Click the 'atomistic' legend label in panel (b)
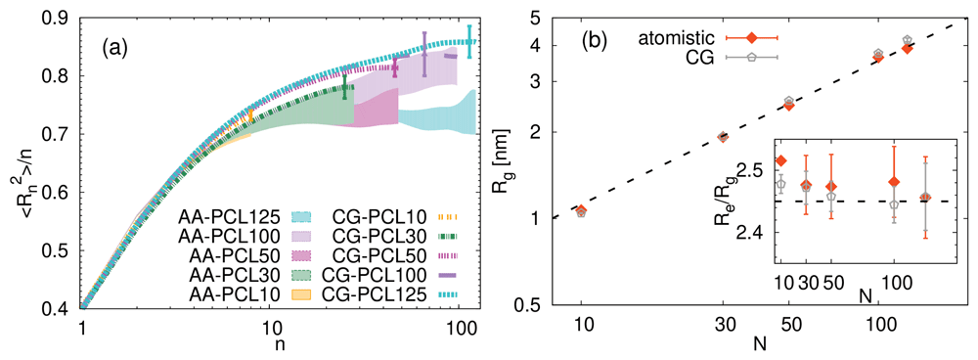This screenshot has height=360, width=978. [678, 39]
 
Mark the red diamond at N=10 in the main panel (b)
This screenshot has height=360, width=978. [581, 210]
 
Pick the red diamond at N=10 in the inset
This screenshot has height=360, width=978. [780, 161]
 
